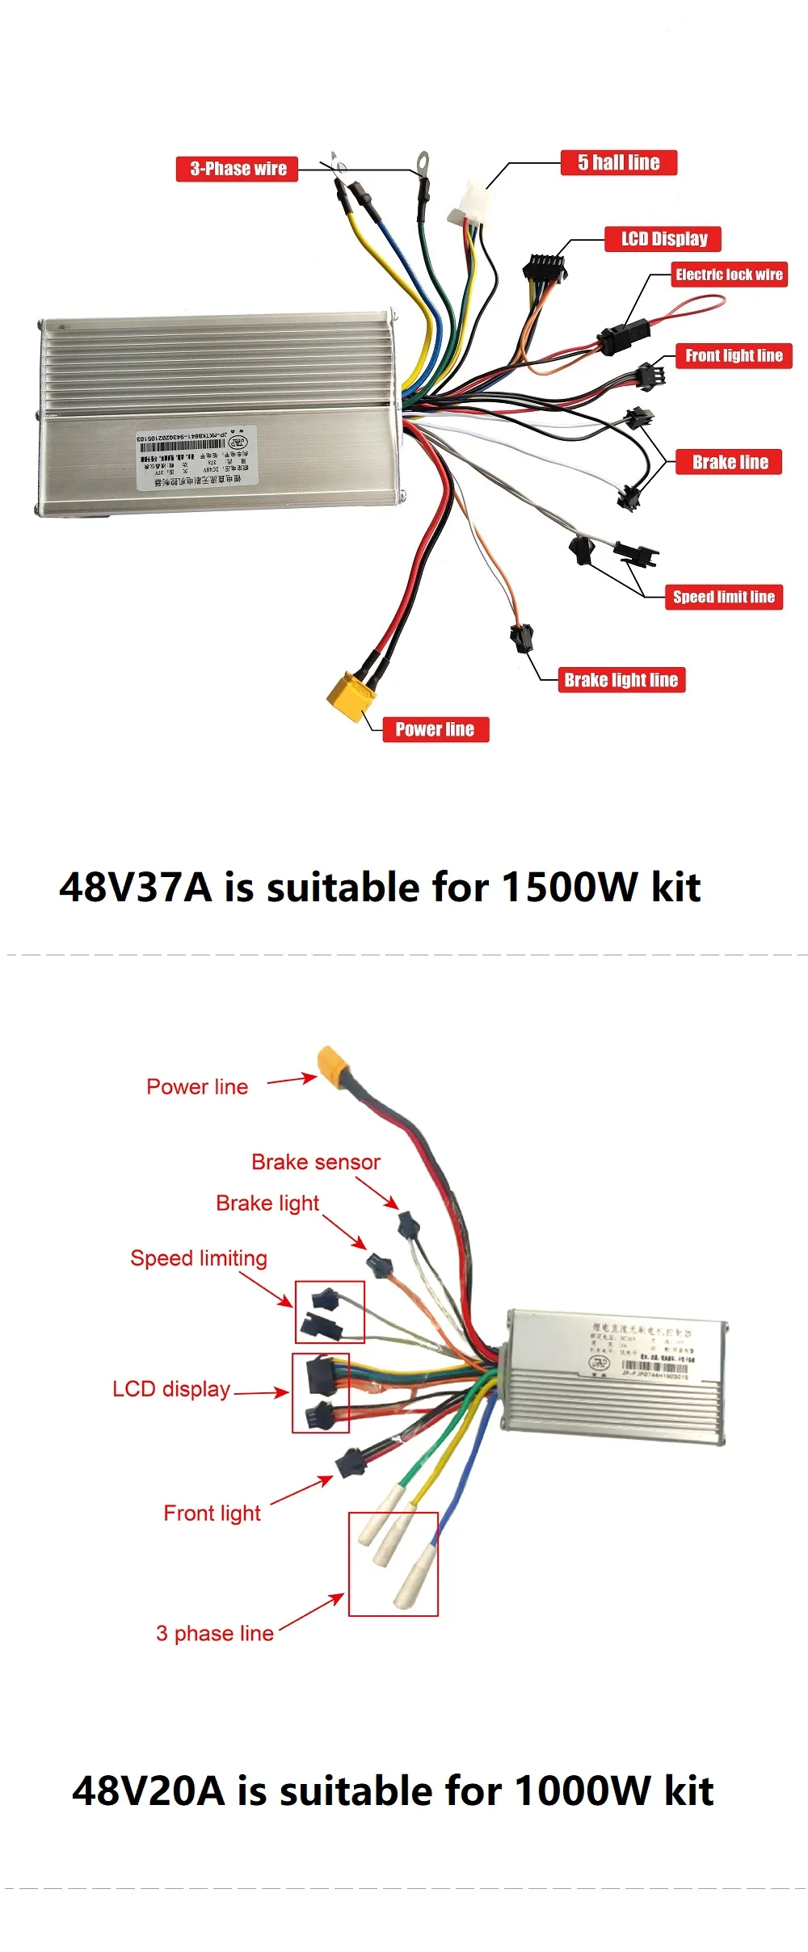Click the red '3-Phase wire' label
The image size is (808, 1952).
[238, 169]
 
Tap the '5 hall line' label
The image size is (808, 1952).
[619, 162]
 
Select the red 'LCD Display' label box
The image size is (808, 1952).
[663, 239]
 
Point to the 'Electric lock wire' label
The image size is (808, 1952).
[729, 275]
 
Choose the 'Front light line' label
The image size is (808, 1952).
[734, 355]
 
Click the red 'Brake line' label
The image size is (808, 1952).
[730, 462]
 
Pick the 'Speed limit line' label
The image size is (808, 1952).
[723, 597]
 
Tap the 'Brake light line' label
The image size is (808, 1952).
[621, 680]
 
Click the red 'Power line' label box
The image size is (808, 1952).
[435, 729]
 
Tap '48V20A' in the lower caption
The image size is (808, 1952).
[148, 1790]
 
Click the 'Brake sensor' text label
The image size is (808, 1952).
[315, 1162]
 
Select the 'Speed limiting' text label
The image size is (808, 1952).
[199, 1258]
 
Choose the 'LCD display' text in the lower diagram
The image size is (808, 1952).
[171, 1389]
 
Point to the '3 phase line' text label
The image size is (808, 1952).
[215, 1633]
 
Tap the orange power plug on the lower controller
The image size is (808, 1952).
[332, 1064]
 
